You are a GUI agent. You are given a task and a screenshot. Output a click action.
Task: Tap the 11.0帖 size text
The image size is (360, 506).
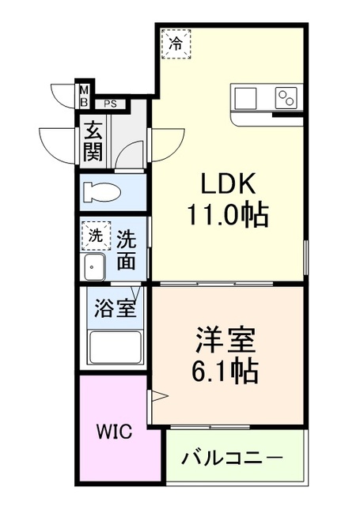(x=227, y=213)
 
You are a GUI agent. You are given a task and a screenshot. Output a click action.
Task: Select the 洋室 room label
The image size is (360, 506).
(x=226, y=342)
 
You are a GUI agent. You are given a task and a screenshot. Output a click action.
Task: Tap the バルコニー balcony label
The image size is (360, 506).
(x=233, y=458)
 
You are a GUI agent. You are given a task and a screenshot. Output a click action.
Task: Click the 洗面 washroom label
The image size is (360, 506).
(x=127, y=248)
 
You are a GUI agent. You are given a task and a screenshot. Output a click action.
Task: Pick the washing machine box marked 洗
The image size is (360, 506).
(x=95, y=235)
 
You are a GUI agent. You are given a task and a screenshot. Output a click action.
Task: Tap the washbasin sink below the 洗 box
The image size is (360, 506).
(x=95, y=266)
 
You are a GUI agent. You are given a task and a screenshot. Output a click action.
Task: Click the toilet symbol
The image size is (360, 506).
(x=103, y=192)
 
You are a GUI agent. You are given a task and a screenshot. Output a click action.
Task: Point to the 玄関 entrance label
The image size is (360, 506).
(x=93, y=141)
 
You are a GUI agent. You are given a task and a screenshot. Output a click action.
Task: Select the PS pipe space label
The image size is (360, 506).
(x=111, y=103)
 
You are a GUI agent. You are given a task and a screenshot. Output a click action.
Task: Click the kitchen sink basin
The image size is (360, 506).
(x=245, y=98)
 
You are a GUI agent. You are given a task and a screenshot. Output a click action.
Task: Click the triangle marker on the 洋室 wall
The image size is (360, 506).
(x=157, y=395)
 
